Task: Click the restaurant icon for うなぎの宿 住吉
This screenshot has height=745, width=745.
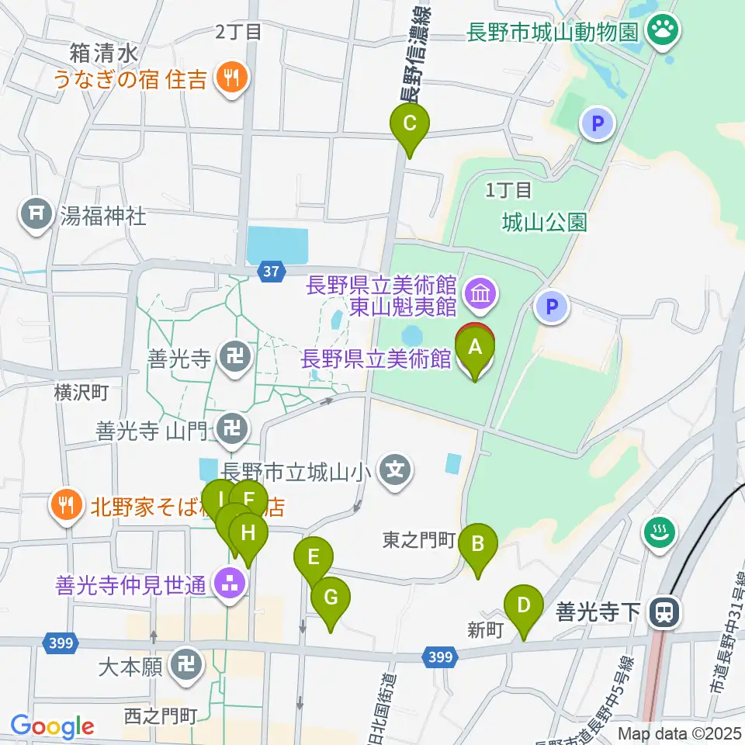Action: [x=230, y=76]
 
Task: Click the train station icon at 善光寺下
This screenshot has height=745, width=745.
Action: [x=664, y=612]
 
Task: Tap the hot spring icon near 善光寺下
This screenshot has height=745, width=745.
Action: [x=660, y=532]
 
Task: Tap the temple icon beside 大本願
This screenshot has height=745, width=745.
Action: [x=186, y=666]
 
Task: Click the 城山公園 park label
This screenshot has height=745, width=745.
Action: [x=543, y=223]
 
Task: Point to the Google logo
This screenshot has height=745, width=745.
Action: [x=53, y=727]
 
